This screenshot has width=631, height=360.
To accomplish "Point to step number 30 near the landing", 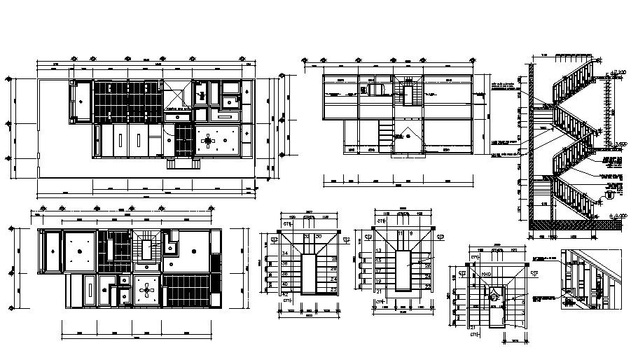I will pyautogui.click(x=319, y=237).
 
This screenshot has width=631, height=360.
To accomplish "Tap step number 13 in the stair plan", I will pyautogui.click(x=378, y=250).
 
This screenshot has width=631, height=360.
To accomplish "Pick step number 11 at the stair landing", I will pyautogui.click(x=400, y=233).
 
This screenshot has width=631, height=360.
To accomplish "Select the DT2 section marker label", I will pyautogui.click(x=534, y=273).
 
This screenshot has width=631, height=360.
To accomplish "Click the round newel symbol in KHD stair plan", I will pyautogui.click(x=493, y=298).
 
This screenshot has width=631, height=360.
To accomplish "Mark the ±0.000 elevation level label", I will pyautogui.click(x=616, y=215).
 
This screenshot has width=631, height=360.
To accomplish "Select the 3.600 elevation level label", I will pyautogui.click(x=617, y=143).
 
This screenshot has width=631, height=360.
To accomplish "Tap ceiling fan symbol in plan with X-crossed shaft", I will pyautogui.click(x=208, y=141).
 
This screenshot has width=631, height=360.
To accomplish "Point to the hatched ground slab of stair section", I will pyautogui.click(x=574, y=226).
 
